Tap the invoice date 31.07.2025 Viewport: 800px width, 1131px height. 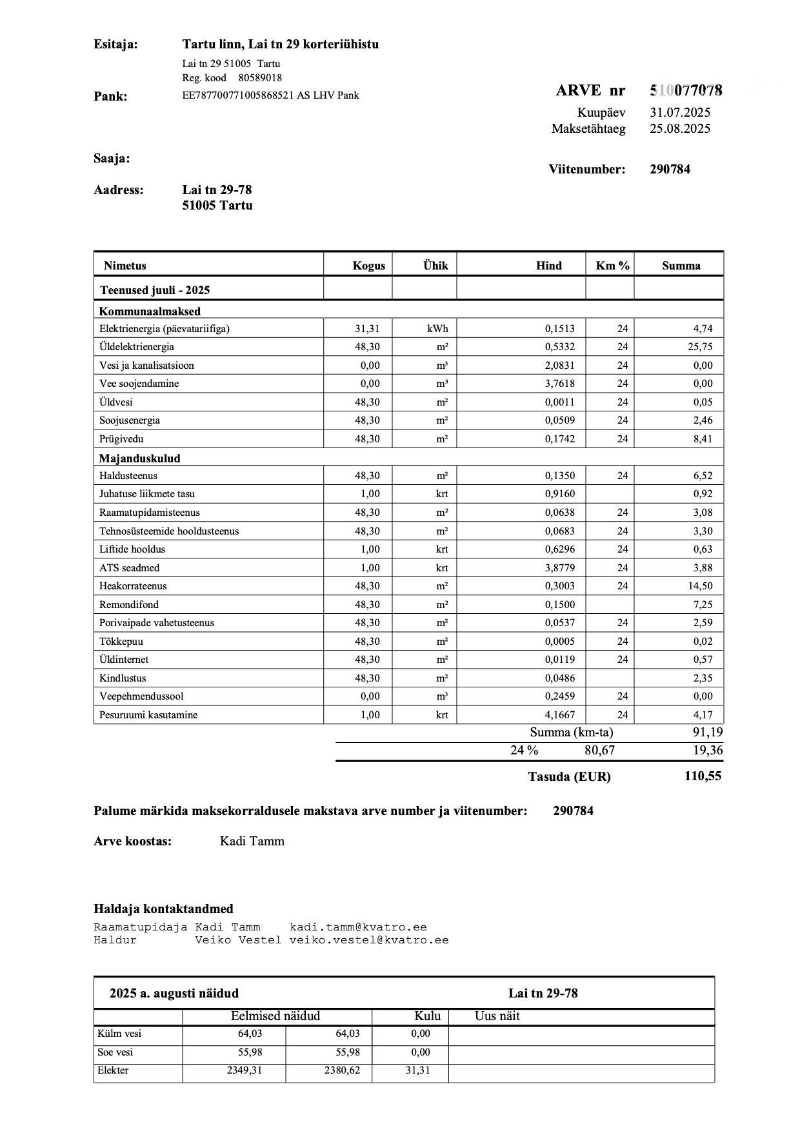click(x=680, y=112)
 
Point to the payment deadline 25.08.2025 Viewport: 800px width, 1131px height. click(x=680, y=128)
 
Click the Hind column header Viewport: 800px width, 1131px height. click(x=548, y=266)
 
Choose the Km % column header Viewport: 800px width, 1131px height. click(x=612, y=266)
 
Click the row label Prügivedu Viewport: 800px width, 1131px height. click(x=121, y=439)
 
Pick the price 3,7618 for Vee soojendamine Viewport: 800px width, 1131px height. click(x=559, y=384)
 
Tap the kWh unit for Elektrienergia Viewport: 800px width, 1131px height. click(x=437, y=329)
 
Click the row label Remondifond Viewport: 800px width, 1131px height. click(x=129, y=605)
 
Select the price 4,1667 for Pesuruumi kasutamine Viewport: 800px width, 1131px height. click(x=559, y=715)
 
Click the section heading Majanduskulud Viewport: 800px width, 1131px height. click(x=139, y=458)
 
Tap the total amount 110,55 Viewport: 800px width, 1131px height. click(x=703, y=776)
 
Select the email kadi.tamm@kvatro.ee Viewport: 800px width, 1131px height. click(x=358, y=927)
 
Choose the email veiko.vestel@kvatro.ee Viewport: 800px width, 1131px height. click(x=369, y=940)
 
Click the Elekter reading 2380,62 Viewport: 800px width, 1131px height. click(x=342, y=1070)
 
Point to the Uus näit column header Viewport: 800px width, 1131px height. click(x=497, y=1016)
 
